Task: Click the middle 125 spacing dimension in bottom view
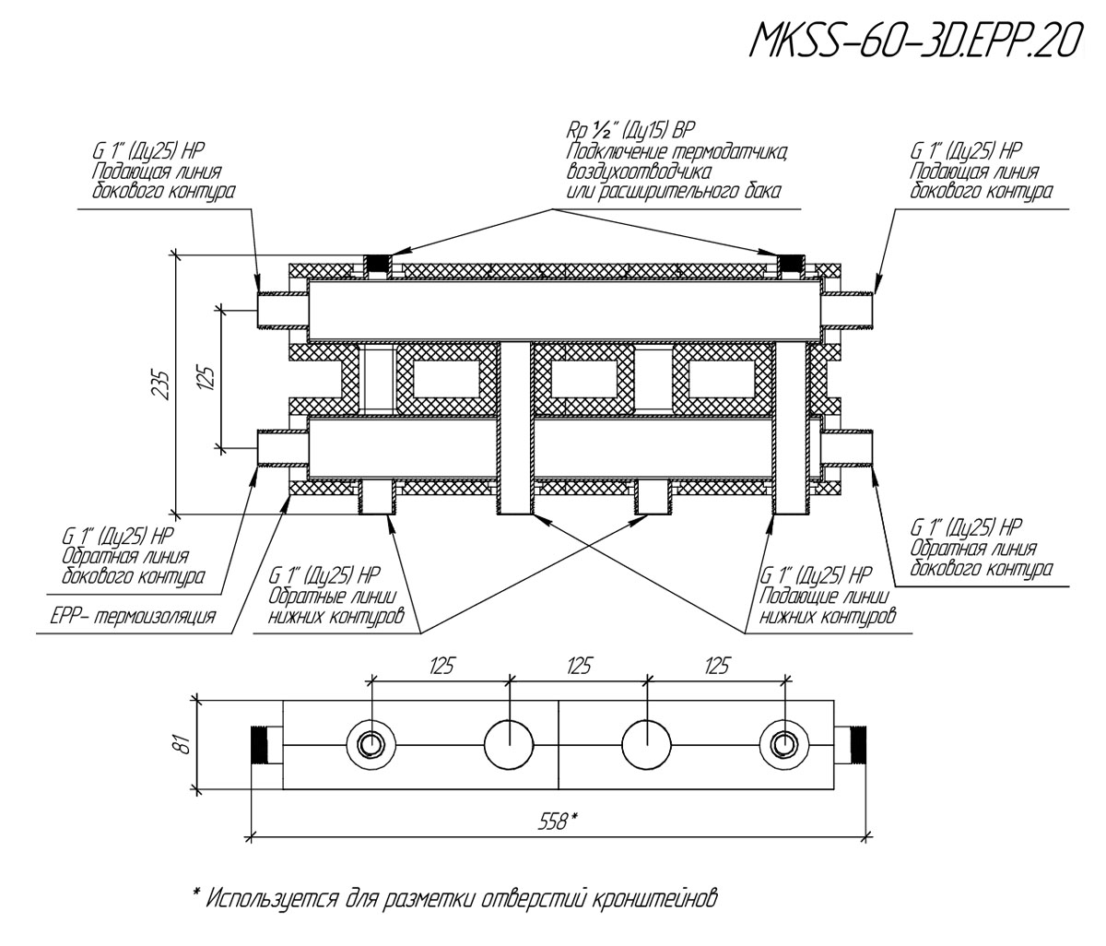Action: point(579,666)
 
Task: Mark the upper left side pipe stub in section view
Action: point(281,310)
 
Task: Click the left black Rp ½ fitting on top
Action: point(377,266)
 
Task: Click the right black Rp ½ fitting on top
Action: point(791,266)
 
